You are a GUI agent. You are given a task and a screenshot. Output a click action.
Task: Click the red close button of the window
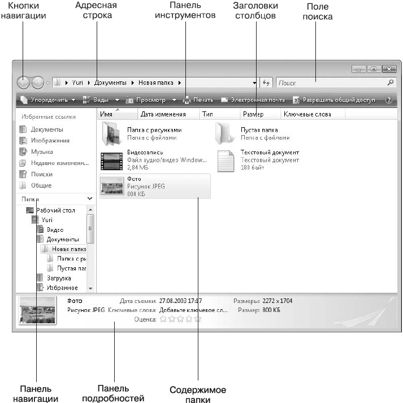[x=388, y=69]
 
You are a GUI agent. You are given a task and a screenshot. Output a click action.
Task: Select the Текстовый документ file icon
[x=226, y=161]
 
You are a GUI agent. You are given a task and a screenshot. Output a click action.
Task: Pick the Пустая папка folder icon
[x=225, y=133]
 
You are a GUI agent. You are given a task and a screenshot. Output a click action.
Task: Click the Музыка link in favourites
[x=42, y=152]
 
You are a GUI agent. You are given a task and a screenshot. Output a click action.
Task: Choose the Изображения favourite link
[x=50, y=141]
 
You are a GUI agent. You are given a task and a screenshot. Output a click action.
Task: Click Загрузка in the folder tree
[x=58, y=278]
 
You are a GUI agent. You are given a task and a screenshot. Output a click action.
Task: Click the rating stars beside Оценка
[x=180, y=319]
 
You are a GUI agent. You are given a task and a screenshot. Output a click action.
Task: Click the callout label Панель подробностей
[x=120, y=393]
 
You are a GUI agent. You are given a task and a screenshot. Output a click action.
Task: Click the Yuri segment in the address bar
[x=77, y=83]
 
